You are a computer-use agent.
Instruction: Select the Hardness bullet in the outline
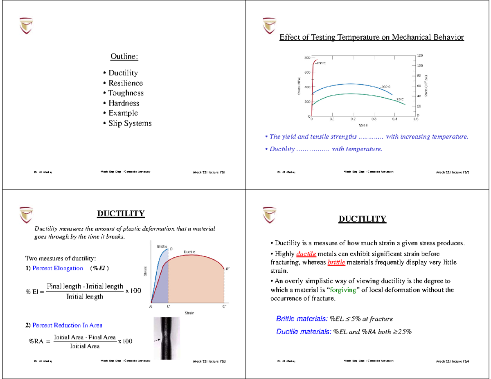124,103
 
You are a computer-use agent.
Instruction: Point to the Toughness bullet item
126,93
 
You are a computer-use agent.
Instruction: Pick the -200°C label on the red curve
320,63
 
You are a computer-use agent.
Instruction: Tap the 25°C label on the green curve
400,99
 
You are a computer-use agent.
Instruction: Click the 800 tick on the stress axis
307,58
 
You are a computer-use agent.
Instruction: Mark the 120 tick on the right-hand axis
420,55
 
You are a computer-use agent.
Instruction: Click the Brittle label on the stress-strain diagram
162,247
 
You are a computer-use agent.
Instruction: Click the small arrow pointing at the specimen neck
157,339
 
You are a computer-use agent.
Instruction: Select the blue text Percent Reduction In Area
67,325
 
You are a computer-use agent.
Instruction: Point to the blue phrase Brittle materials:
302,319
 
